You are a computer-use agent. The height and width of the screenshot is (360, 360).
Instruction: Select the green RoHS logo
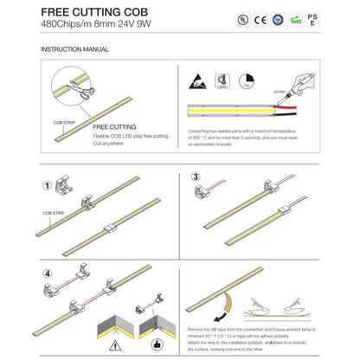(299, 18)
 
